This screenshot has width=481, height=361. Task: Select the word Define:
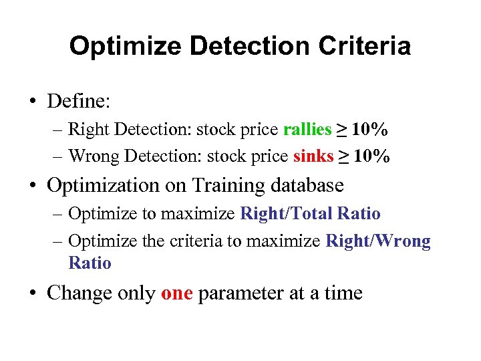pos(79,102)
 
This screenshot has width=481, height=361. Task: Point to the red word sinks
pos(313,156)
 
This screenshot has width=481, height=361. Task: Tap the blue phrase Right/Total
pos(287,214)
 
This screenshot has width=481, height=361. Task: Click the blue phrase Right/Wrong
pos(378,241)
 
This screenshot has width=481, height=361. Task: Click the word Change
pos(77,293)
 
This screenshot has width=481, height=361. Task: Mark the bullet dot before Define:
pos(32,102)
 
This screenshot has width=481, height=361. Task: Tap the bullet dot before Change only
pos(32,293)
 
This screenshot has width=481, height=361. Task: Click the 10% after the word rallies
pos(371,130)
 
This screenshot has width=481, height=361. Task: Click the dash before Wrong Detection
pos(58,156)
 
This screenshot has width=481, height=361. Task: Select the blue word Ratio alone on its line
pos(90,263)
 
